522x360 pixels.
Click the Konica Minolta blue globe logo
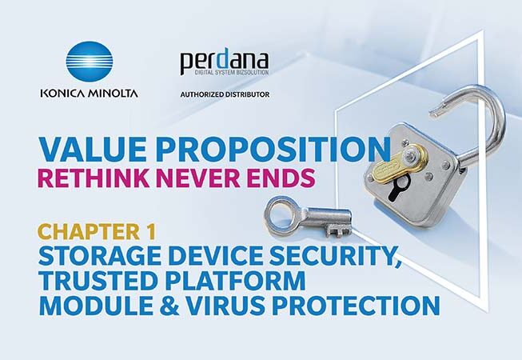click(90, 62)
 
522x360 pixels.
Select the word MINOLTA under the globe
click(113, 93)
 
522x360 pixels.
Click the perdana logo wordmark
click(225, 62)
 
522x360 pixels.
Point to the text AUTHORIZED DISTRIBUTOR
click(225, 94)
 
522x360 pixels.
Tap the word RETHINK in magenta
click(94, 178)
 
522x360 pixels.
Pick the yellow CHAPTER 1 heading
click(97, 231)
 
